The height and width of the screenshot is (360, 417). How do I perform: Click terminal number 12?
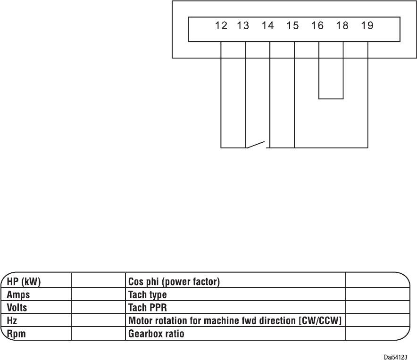[x=221, y=26]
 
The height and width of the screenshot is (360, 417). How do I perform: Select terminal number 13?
[x=243, y=26]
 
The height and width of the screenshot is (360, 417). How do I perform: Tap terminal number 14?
[x=267, y=26]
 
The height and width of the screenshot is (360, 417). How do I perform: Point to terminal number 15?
[x=292, y=26]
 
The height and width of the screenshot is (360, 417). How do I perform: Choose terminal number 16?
[x=317, y=26]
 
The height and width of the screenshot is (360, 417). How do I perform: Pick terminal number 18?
[x=342, y=26]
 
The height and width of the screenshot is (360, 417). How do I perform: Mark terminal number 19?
[x=367, y=26]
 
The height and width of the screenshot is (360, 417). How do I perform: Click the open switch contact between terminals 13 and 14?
[x=258, y=144]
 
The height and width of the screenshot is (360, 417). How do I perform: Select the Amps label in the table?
[x=18, y=295]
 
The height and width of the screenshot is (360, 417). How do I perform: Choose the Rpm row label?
[x=16, y=334]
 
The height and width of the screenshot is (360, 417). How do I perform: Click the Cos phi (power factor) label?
[x=175, y=282]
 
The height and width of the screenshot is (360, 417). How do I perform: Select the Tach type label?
[x=148, y=295]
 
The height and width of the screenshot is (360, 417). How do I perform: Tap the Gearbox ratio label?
[x=156, y=334]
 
